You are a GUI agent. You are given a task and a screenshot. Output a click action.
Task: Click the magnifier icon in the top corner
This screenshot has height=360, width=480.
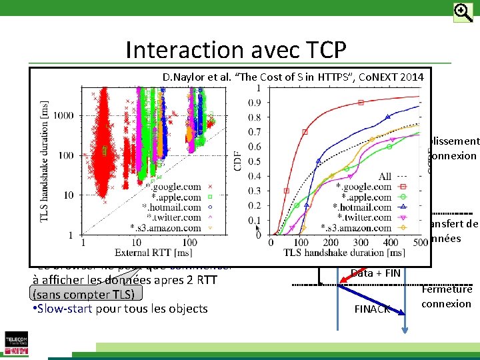tap(463, 12)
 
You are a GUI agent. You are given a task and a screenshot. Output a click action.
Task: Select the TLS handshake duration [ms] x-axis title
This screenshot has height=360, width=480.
tap(344, 253)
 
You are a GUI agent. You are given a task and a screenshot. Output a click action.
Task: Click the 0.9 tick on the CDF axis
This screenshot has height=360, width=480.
tap(253, 103)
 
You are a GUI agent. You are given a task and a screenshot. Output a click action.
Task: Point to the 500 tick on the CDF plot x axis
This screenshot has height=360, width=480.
tap(421, 243)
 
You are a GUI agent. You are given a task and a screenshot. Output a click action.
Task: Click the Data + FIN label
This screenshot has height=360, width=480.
tap(376, 273)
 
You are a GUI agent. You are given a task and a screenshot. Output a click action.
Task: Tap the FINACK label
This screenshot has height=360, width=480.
tap(372, 309)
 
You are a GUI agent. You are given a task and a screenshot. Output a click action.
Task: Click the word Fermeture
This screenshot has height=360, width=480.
tap(447, 289)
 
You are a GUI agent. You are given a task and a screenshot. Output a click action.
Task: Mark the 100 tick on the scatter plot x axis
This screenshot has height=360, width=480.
tap(190, 243)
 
